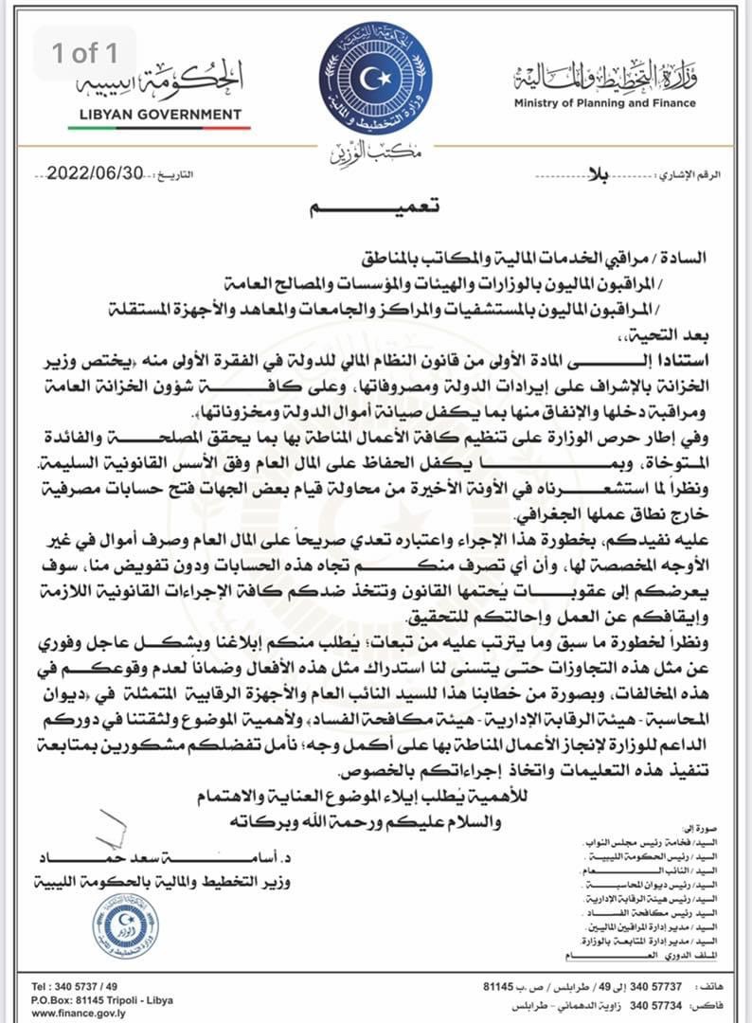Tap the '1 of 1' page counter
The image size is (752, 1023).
pyautogui.click(x=86, y=53)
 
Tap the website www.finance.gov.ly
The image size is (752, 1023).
pyautogui.click(x=85, y=1013)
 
